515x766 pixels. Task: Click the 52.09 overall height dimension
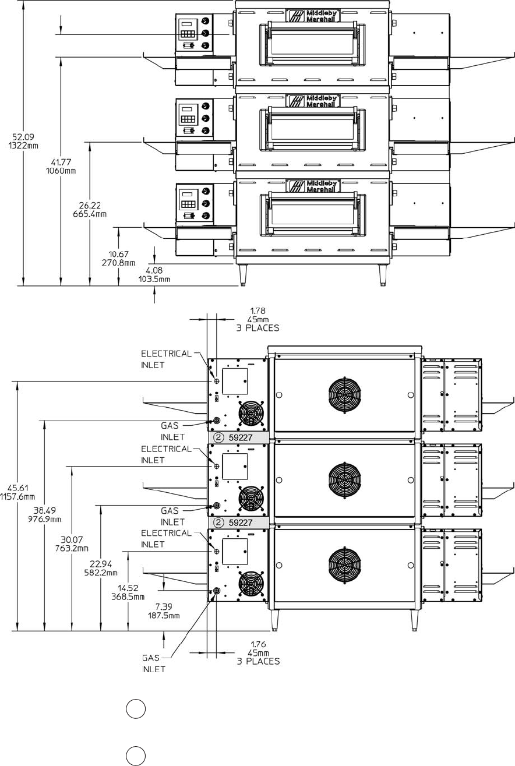[x=23, y=137]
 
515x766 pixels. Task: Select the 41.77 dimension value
[x=61, y=162]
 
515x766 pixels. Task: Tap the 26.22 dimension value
[x=90, y=206]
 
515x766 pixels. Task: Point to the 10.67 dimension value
[x=118, y=254]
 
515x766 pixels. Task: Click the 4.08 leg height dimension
[x=154, y=270]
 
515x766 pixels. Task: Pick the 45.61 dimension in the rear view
[x=17, y=488]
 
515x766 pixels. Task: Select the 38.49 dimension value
[x=44, y=510]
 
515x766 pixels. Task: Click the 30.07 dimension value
[x=72, y=539]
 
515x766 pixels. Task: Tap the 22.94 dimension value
[x=101, y=564]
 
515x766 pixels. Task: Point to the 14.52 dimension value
[x=128, y=588]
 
